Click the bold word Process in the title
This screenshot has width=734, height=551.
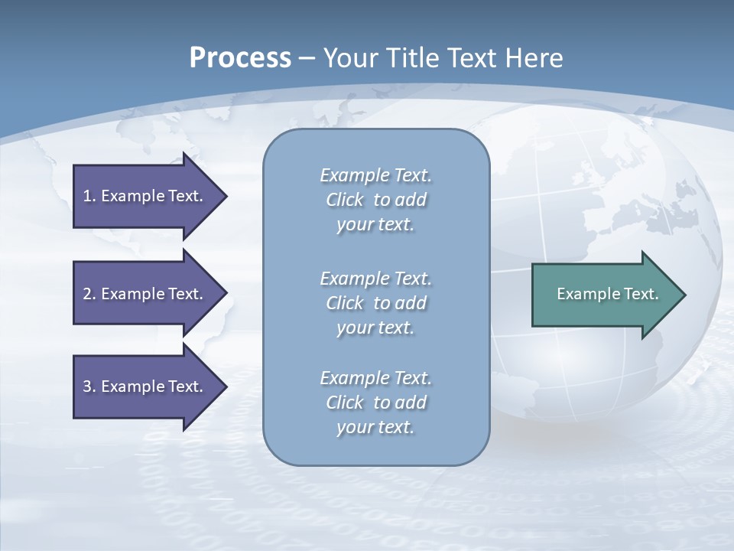[240, 58]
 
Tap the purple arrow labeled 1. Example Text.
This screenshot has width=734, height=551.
[145, 196]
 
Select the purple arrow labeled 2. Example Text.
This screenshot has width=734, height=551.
[145, 294]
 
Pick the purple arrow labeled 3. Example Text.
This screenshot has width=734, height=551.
[145, 386]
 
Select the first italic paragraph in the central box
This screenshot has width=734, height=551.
[375, 200]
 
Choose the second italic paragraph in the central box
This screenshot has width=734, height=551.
[375, 302]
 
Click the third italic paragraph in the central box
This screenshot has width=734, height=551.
[375, 403]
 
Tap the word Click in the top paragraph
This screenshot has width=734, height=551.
[345, 200]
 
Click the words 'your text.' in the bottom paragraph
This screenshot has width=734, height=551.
[375, 427]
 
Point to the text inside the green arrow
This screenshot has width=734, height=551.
[607, 294]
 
